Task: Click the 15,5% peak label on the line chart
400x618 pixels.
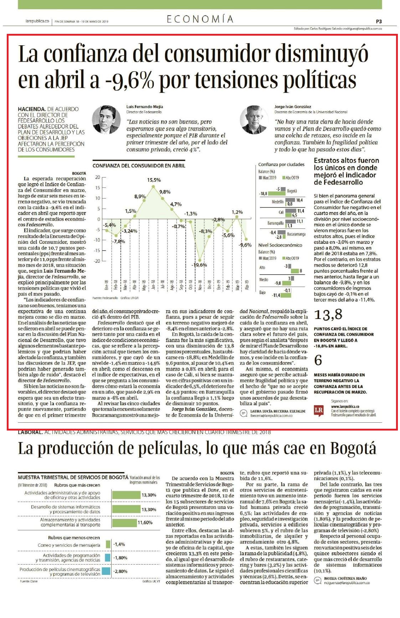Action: coord(154,180)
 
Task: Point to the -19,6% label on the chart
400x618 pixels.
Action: coord(199,265)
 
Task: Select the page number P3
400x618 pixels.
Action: coord(379,21)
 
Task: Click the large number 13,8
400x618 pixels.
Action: coord(328,315)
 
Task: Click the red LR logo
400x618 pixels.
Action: coord(319,410)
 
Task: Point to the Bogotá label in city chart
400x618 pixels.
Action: coord(292,191)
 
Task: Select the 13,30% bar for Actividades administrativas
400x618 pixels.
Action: coord(126,495)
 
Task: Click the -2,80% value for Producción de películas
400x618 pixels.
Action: coord(120,571)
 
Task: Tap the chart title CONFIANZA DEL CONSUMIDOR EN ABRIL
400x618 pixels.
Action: coord(139,165)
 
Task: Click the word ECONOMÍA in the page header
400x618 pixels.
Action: coord(200,19)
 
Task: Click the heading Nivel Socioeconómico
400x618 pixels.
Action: coord(280,245)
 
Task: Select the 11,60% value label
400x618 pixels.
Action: coord(145,522)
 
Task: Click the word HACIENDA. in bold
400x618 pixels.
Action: coord(32,109)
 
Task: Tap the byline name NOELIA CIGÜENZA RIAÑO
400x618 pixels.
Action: coord(345,578)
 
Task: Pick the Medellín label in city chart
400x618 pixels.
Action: coord(278,202)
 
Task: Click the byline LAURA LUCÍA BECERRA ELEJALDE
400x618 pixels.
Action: coord(278,411)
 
